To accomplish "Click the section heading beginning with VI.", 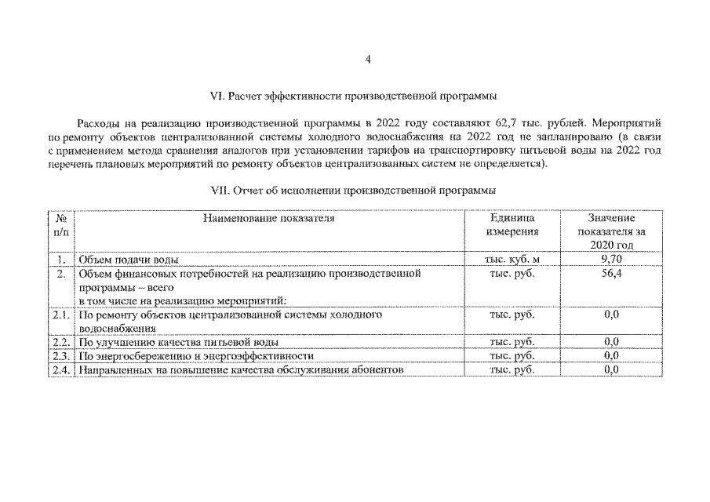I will [x=354, y=97].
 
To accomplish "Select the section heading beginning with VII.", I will [x=353, y=191].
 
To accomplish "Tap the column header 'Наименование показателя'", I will [x=269, y=219].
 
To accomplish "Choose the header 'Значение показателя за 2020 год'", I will [x=611, y=231].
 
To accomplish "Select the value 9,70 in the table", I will [x=611, y=258].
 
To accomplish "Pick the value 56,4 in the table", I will [x=611, y=273].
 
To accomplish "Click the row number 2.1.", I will [x=60, y=315].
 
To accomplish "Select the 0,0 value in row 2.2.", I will [x=611, y=342].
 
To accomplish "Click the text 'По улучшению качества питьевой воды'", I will [x=179, y=343].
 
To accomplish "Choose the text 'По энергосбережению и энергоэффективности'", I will [x=197, y=356].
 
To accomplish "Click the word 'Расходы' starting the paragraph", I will [x=98, y=124].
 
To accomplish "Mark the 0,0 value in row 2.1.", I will [x=611, y=315].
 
